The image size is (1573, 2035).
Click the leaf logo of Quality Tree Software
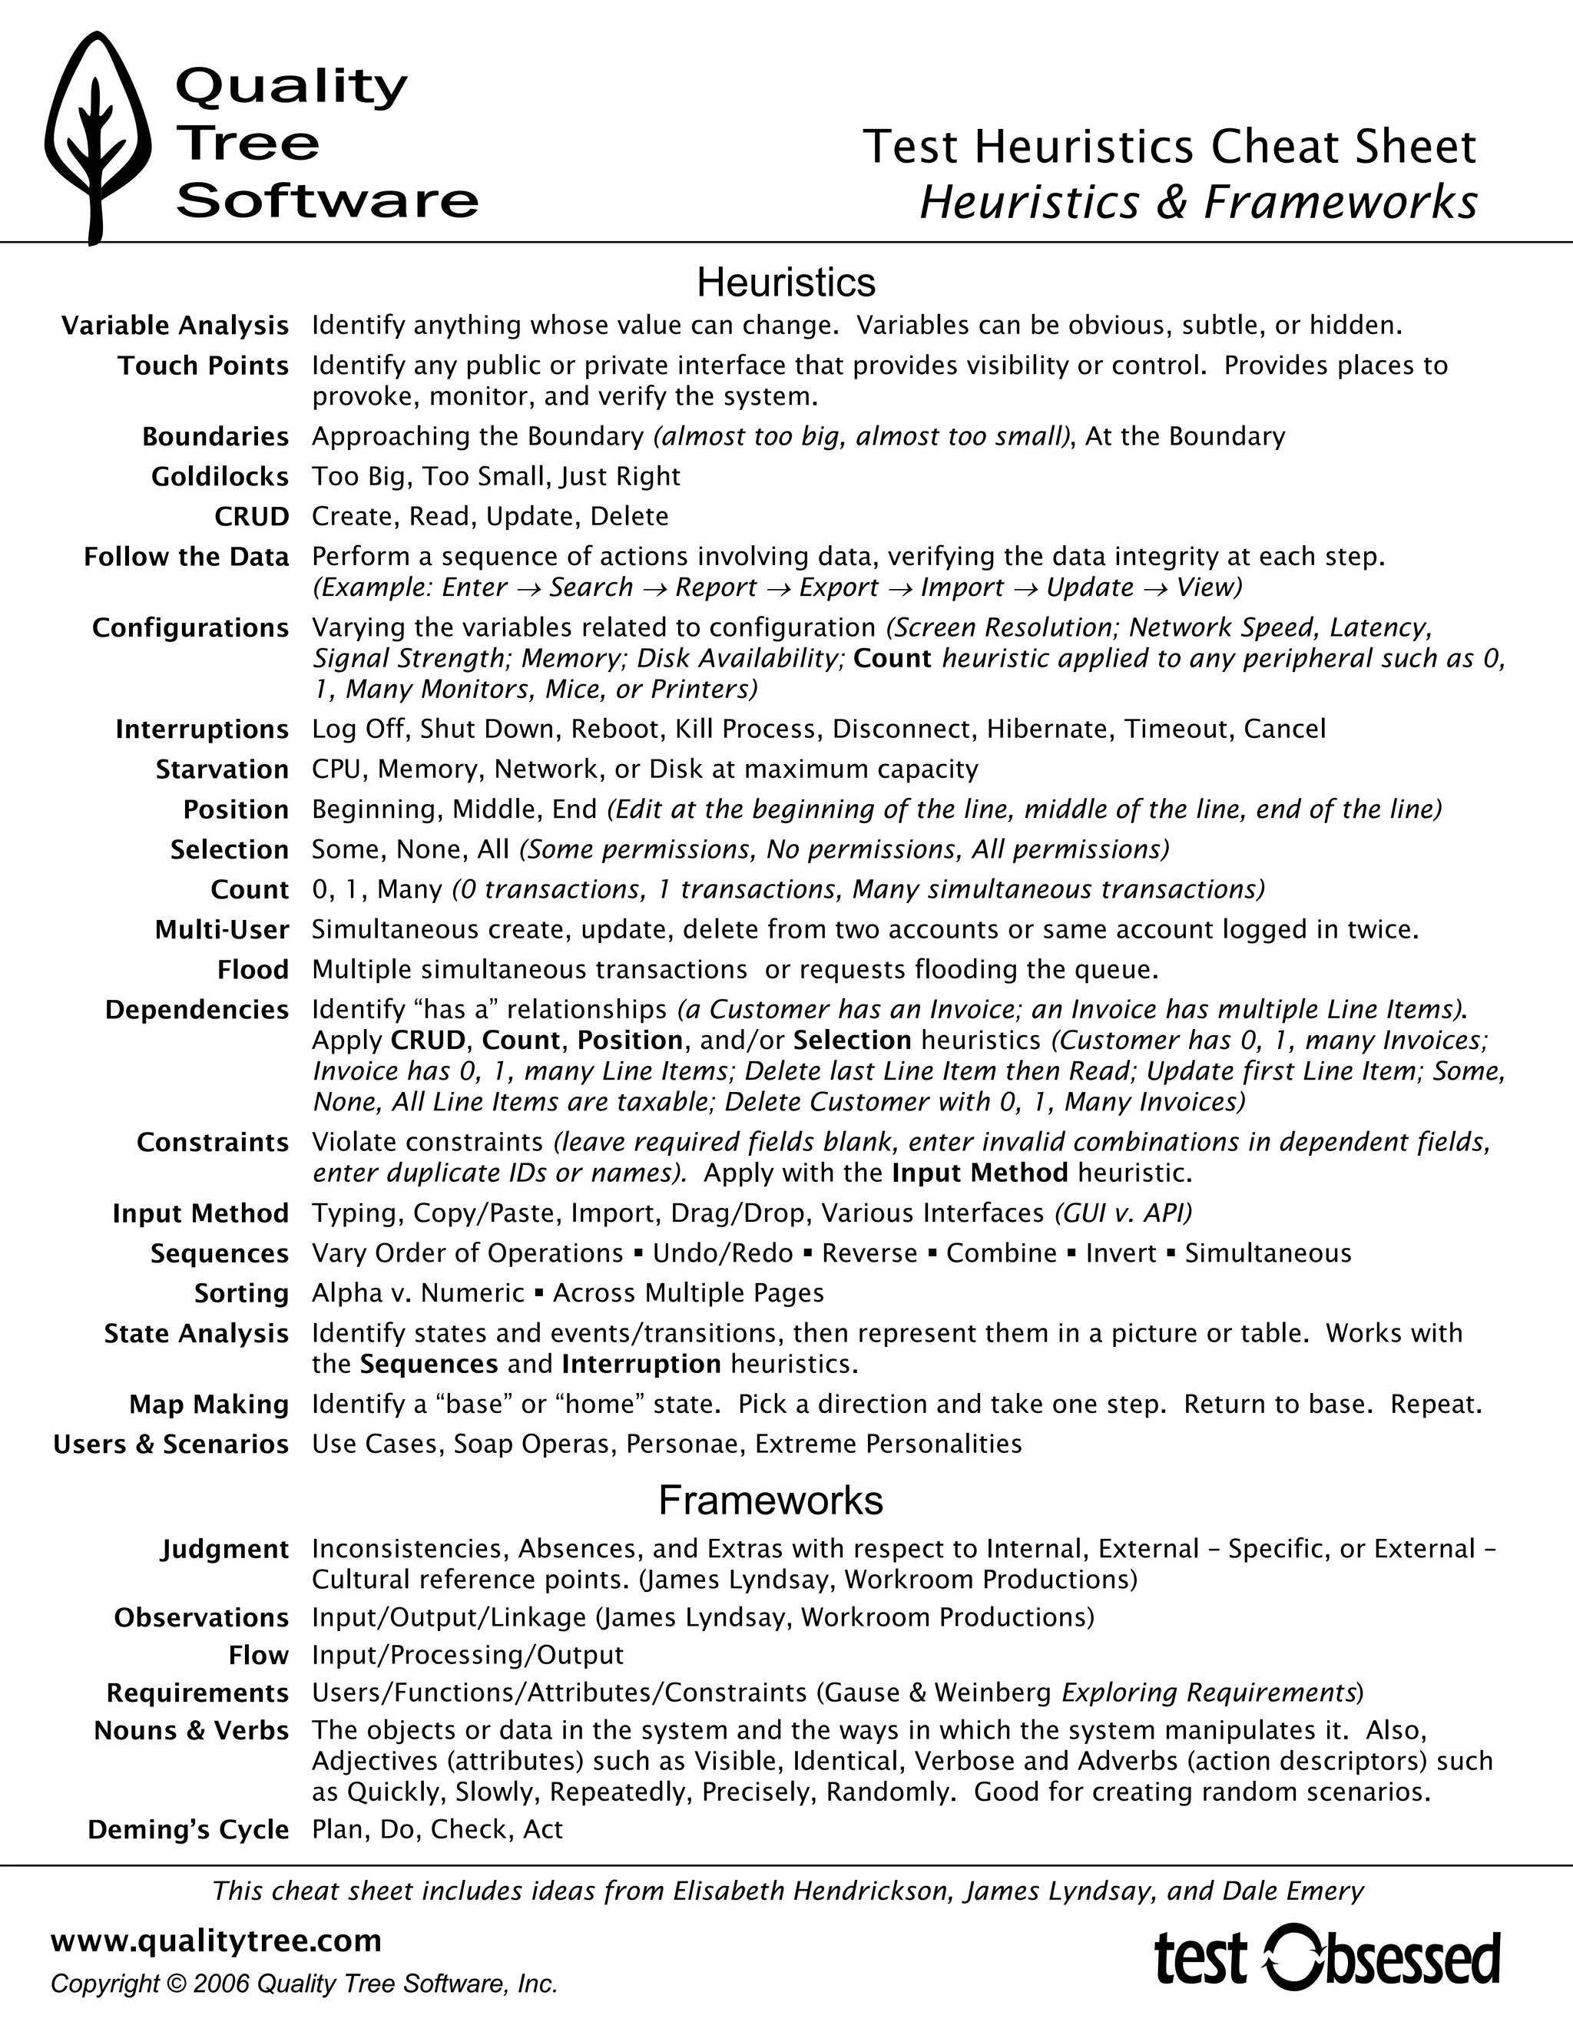tap(97, 138)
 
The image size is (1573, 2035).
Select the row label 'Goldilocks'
tap(220, 477)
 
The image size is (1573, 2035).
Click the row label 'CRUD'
tap(252, 517)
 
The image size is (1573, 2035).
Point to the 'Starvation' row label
tap(222, 769)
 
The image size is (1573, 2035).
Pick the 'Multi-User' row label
tap(222, 930)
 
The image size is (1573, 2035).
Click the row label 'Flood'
tap(253, 970)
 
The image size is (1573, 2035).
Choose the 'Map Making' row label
tap(209, 1405)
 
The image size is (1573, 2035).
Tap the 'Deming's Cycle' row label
tap(188, 1830)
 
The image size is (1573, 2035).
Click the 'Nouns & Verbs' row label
tap(191, 1731)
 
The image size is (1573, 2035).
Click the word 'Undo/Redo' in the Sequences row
tap(722, 1253)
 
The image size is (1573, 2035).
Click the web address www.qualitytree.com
tap(215, 1940)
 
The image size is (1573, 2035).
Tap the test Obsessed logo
tap(1327, 1957)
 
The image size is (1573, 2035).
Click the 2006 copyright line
tap(304, 1984)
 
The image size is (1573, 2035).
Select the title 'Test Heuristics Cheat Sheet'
tap(1168, 147)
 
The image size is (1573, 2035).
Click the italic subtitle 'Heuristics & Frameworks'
tap(1197, 202)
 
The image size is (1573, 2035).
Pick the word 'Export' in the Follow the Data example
tap(838, 588)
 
